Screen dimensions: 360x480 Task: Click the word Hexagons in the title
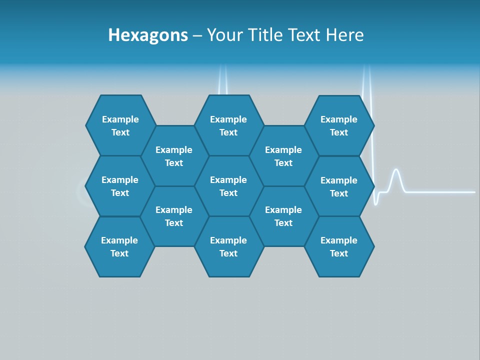click(x=148, y=35)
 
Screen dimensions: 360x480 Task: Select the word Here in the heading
click(x=344, y=35)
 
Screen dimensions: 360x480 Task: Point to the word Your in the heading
click(x=224, y=35)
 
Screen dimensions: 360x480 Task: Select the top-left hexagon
click(x=120, y=125)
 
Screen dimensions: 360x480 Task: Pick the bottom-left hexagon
click(x=119, y=246)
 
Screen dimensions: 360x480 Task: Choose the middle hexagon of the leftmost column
click(x=120, y=186)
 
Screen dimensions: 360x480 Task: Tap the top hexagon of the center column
click(x=228, y=125)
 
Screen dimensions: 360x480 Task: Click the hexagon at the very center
click(x=228, y=186)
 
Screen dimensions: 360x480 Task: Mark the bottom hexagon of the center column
click(x=228, y=246)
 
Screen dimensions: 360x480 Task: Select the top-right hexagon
click(x=339, y=125)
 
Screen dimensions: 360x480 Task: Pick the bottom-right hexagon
click(x=339, y=246)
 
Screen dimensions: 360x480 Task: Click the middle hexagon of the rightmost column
click(x=339, y=186)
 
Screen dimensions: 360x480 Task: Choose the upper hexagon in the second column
click(x=174, y=156)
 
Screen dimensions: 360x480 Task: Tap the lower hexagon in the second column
click(x=174, y=216)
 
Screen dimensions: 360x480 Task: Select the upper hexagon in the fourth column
click(x=283, y=156)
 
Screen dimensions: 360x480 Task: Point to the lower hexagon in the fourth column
click(x=283, y=216)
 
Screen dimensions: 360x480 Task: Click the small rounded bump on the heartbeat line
click(x=396, y=175)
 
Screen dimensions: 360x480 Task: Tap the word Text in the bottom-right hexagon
click(x=339, y=253)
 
